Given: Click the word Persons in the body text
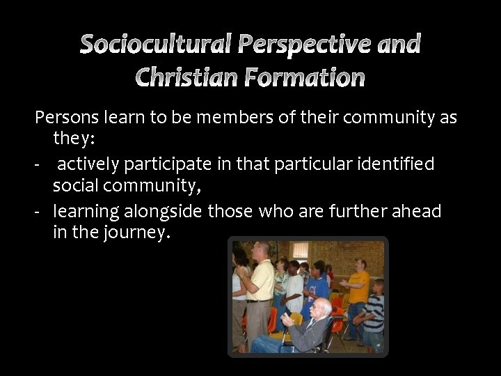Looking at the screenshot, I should (65, 118).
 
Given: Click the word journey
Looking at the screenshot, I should (136, 234).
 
